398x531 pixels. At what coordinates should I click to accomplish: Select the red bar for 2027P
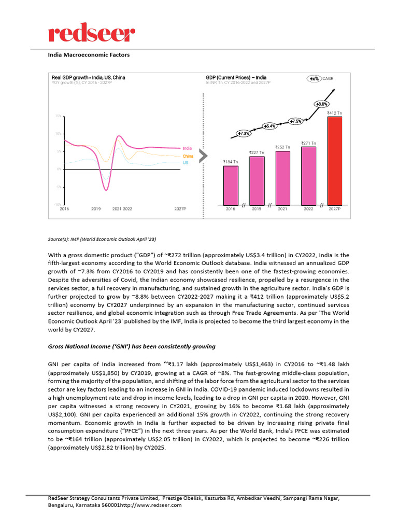tap(334, 160)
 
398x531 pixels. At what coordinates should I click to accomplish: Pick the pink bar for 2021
tap(282, 177)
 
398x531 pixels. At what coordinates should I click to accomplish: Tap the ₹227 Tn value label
tap(257, 152)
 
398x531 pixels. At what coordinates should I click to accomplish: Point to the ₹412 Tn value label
tap(334, 113)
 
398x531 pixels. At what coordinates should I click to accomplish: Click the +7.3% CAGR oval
tap(244, 133)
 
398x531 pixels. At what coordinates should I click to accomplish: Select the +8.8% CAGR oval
tap(321, 104)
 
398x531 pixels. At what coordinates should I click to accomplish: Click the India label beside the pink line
tap(187, 148)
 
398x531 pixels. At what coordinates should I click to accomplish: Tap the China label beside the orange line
tap(188, 156)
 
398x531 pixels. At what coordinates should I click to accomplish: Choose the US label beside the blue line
tap(185, 162)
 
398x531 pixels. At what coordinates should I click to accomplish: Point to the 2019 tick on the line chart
tap(96, 208)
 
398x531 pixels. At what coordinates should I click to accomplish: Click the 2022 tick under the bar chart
tap(308, 208)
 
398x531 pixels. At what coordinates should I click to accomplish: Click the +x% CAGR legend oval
tap(314, 78)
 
